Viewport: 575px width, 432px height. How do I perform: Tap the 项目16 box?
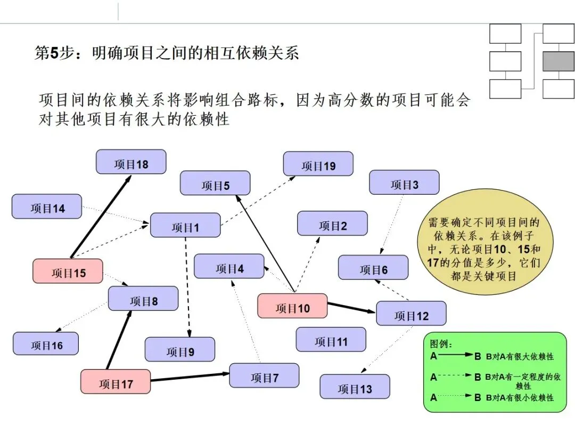[x=46, y=344]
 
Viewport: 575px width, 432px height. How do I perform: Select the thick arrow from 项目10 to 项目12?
[x=351, y=307]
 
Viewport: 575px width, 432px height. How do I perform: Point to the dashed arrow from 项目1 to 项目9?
[x=187, y=288]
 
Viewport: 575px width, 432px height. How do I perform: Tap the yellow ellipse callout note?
[x=484, y=245]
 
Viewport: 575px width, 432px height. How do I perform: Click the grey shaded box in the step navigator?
[x=558, y=61]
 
